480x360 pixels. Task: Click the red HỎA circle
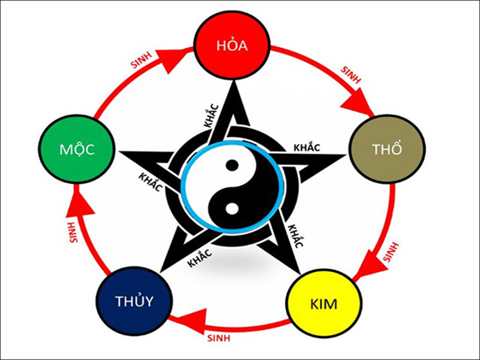(x=232, y=46)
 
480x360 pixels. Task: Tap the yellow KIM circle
(x=323, y=304)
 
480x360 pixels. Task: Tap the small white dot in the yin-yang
(x=229, y=209)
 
